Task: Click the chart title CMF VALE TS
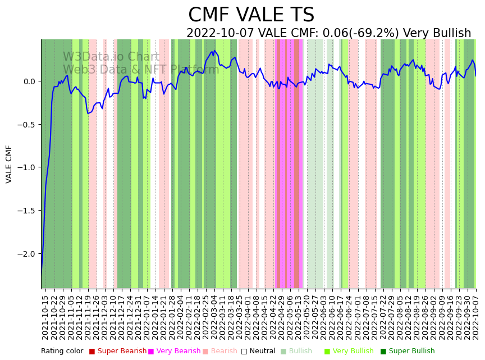point(251,15)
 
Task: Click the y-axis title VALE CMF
point(9,164)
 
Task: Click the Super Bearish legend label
point(122,352)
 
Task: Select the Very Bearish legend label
point(177,352)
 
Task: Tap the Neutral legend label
point(262,352)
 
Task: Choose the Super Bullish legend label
point(411,352)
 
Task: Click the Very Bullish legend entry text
point(353,352)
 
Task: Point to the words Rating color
point(62,352)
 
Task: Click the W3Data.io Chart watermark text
point(111,57)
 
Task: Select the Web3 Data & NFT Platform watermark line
point(141,70)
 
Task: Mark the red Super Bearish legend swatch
point(92,352)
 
